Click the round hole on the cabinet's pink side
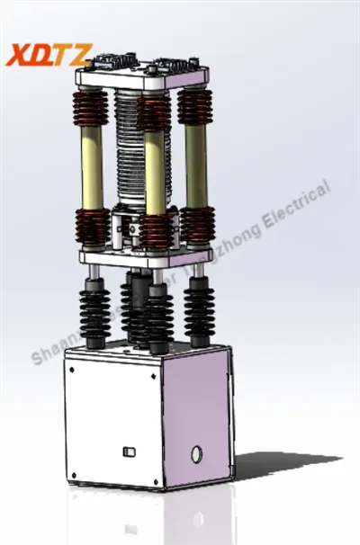196,454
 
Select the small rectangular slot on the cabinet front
127,449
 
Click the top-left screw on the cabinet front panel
72,367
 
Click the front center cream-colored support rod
155,175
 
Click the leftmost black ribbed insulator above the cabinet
94,310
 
